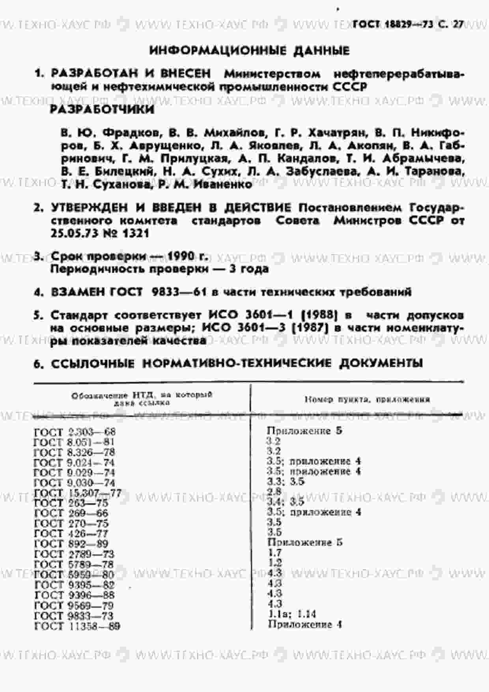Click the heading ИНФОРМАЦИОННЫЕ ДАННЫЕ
[x=249, y=51]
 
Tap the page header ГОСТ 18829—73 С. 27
[x=408, y=24]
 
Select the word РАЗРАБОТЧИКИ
[x=102, y=110]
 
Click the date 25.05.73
[x=73, y=233]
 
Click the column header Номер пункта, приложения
[x=367, y=399]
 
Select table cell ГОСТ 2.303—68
[x=75, y=432]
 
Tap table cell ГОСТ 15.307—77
[x=78, y=493]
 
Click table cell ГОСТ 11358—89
[x=77, y=626]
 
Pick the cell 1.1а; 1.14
[x=292, y=614]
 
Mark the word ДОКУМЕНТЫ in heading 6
[x=381, y=363]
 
